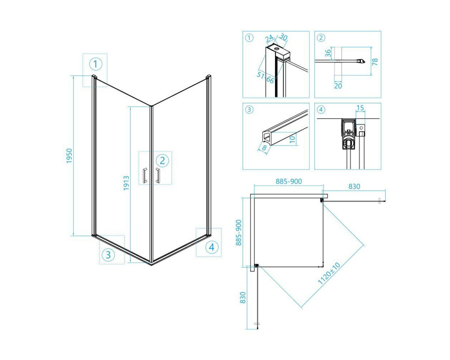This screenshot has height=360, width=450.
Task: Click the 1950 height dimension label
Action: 69,156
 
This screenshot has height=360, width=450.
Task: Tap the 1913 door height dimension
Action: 126,183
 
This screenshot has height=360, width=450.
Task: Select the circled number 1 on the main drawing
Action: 95,64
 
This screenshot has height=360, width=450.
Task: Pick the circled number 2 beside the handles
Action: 162,161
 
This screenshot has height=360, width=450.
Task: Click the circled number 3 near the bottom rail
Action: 108,255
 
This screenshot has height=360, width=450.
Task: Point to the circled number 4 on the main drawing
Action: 212,247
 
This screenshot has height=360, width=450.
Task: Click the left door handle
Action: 145,175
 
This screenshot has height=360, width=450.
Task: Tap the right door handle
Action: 157,175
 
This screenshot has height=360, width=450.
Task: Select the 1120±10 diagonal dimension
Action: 329,273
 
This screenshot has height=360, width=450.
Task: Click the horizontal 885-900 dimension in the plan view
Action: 289,181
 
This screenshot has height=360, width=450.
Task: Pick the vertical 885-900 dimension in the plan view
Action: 239,233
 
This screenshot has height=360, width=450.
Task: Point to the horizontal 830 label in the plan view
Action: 354,186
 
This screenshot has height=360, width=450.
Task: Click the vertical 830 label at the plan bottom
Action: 243,298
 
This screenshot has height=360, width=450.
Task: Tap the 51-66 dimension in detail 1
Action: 265,77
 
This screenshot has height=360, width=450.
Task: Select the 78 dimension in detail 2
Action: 375,62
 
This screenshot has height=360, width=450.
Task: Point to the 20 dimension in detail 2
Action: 338,85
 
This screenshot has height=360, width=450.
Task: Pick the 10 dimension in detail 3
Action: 292,139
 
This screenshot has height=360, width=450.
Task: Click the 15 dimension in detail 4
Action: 360,108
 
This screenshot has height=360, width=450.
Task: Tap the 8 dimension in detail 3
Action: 264,148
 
